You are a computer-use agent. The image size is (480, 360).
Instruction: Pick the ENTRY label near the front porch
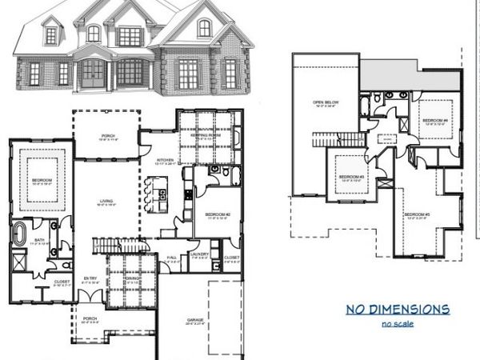[90, 278]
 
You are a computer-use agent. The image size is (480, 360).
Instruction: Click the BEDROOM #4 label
[433, 119]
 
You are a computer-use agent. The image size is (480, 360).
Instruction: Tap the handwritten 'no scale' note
[398, 323]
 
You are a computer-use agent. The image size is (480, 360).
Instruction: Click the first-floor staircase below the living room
[110, 245]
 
